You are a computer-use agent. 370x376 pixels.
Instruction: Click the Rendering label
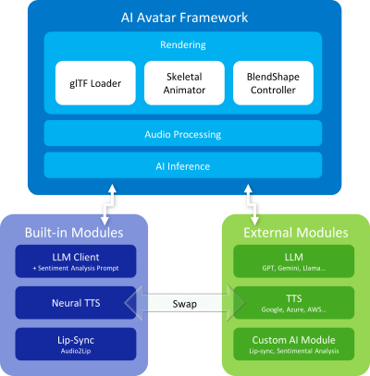coord(183,43)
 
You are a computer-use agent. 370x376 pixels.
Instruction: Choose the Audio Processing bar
coord(183,133)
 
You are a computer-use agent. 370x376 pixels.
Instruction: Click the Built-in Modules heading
coord(73,232)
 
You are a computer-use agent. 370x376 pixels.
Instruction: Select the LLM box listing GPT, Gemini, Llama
coord(294,261)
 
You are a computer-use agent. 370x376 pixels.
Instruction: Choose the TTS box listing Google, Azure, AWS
coord(294,301)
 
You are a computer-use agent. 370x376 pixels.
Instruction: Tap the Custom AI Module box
coord(294,342)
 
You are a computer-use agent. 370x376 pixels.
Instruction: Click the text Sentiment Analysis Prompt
coord(75,268)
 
